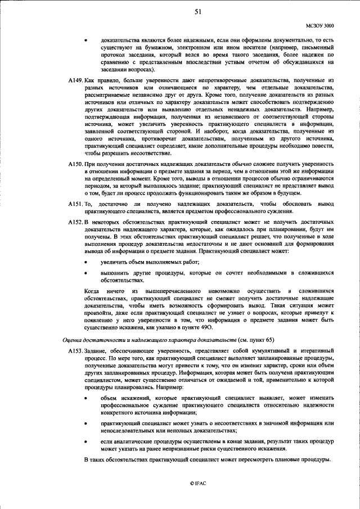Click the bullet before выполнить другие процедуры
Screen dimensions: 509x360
(86, 273)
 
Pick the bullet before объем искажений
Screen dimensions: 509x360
(86, 398)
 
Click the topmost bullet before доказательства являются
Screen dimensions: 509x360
(86, 40)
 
